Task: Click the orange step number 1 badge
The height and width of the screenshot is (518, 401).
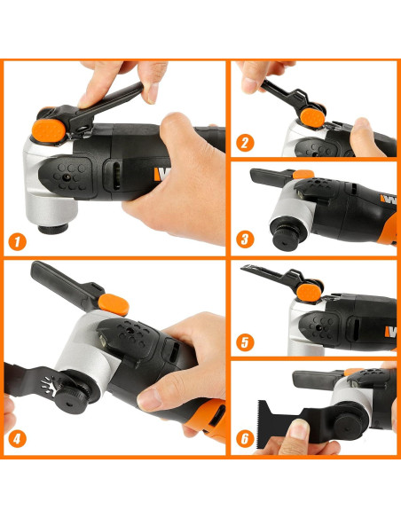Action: click(17, 242)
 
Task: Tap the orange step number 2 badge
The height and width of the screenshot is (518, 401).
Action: click(245, 143)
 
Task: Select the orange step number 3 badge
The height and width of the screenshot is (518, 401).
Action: click(245, 239)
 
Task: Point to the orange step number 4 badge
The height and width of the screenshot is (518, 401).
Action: click(17, 439)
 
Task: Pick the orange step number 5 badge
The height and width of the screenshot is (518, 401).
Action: click(245, 342)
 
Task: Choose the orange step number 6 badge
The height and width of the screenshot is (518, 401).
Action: click(245, 439)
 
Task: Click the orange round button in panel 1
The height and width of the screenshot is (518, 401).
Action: click(49, 130)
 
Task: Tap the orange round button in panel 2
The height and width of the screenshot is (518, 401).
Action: click(312, 118)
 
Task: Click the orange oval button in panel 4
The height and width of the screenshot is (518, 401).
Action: click(114, 304)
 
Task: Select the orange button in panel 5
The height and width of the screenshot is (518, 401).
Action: click(309, 293)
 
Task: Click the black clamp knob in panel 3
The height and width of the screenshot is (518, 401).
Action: click(286, 233)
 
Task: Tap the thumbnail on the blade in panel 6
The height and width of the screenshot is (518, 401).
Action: click(299, 429)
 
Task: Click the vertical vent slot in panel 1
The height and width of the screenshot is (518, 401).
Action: click(116, 177)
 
